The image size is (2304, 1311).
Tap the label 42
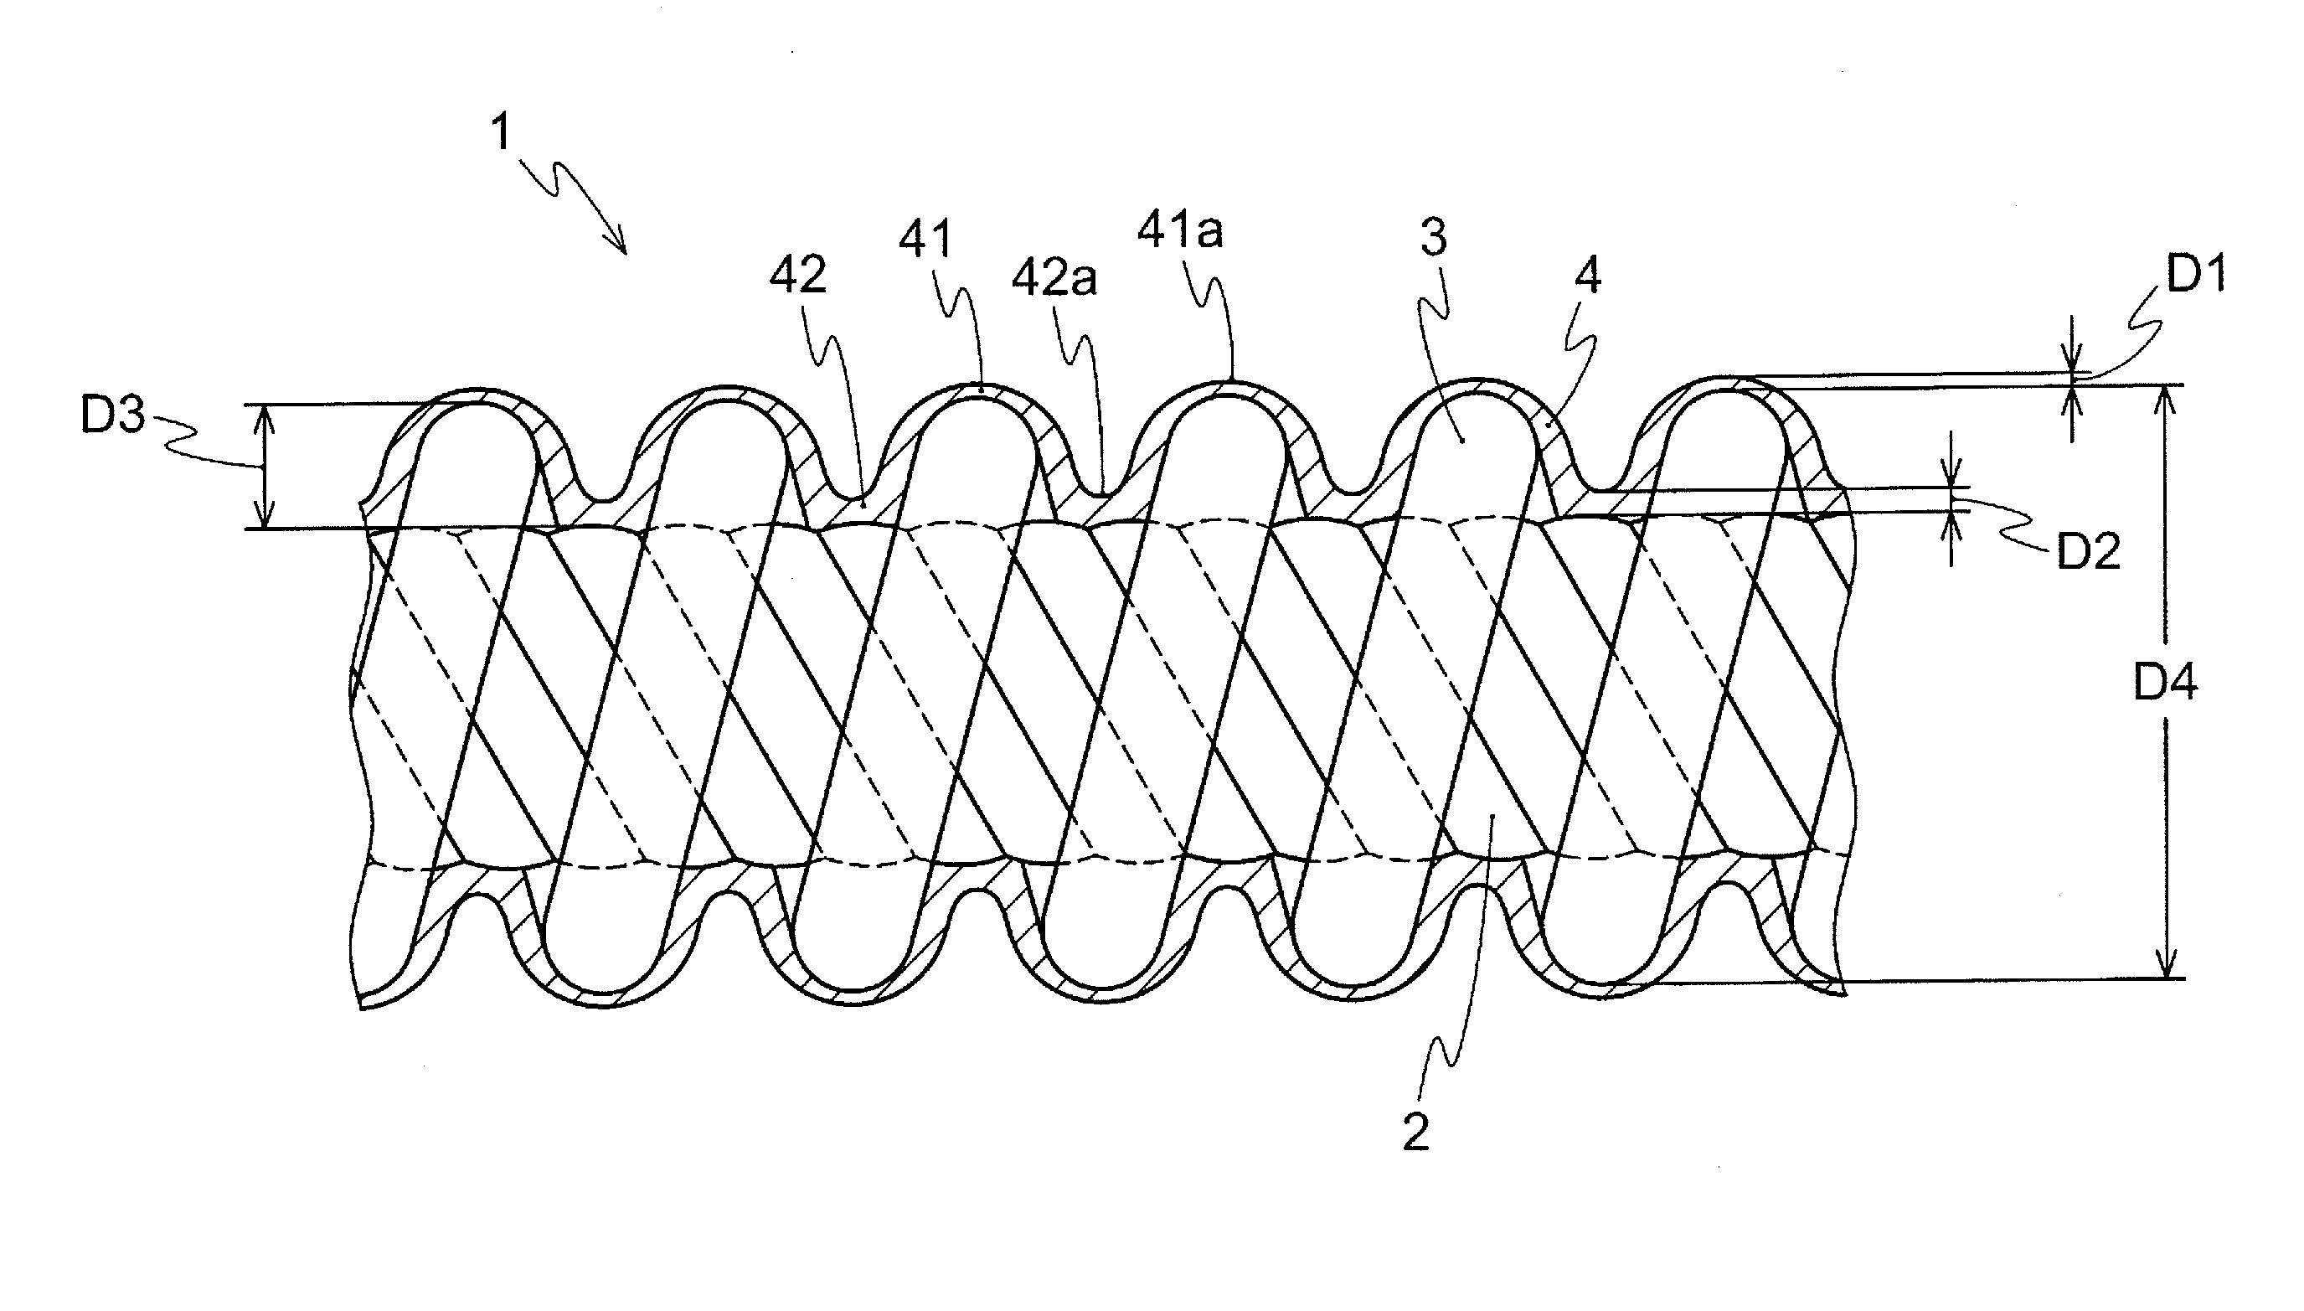tap(797, 276)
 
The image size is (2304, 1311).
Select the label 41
tap(925, 240)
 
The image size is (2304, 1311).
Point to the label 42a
tap(1054, 280)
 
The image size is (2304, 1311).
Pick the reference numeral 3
tap(1433, 238)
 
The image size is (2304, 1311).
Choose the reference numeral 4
tap(1588, 276)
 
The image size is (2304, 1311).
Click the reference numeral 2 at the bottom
tap(1415, 1133)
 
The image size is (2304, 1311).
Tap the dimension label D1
tap(2196, 274)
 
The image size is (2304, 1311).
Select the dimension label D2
tap(2089, 551)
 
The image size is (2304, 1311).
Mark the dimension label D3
tap(112, 416)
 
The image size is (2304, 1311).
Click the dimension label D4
tap(2166, 684)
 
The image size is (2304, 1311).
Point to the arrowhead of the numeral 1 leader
tap(621, 247)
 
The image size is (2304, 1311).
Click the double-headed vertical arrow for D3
tap(263, 466)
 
